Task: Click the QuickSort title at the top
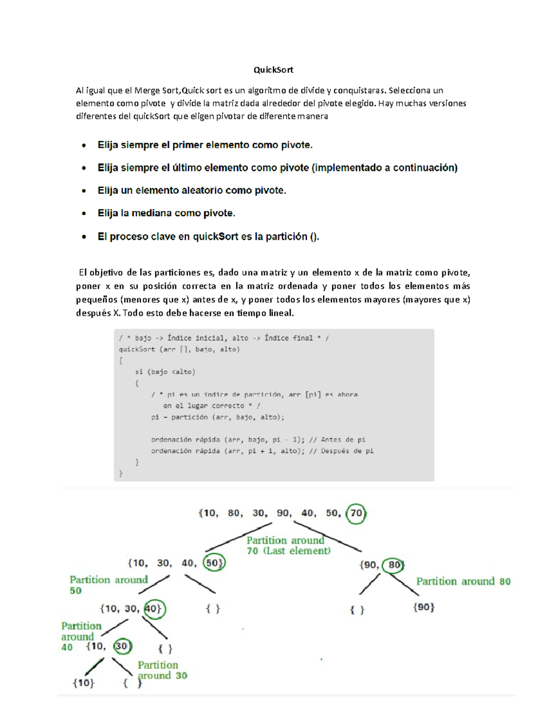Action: click(273, 70)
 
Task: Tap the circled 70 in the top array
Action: click(356, 513)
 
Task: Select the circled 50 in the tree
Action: click(213, 563)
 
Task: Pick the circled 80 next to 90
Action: click(394, 565)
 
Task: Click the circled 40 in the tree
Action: click(154, 609)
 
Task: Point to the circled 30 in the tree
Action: click(122, 646)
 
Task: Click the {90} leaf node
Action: click(424, 607)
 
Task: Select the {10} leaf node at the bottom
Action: click(83, 683)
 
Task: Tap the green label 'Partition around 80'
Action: click(463, 581)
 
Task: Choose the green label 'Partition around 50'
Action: click(108, 584)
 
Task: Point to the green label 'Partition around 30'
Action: click(162, 670)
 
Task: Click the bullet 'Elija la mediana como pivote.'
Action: click(166, 213)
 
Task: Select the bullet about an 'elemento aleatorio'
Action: click(192, 190)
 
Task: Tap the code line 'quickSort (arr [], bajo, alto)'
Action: click(179, 349)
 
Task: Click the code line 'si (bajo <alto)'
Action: click(165, 372)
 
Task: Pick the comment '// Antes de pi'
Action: click(337, 439)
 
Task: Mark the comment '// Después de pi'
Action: click(341, 451)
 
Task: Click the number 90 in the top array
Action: click(283, 513)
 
